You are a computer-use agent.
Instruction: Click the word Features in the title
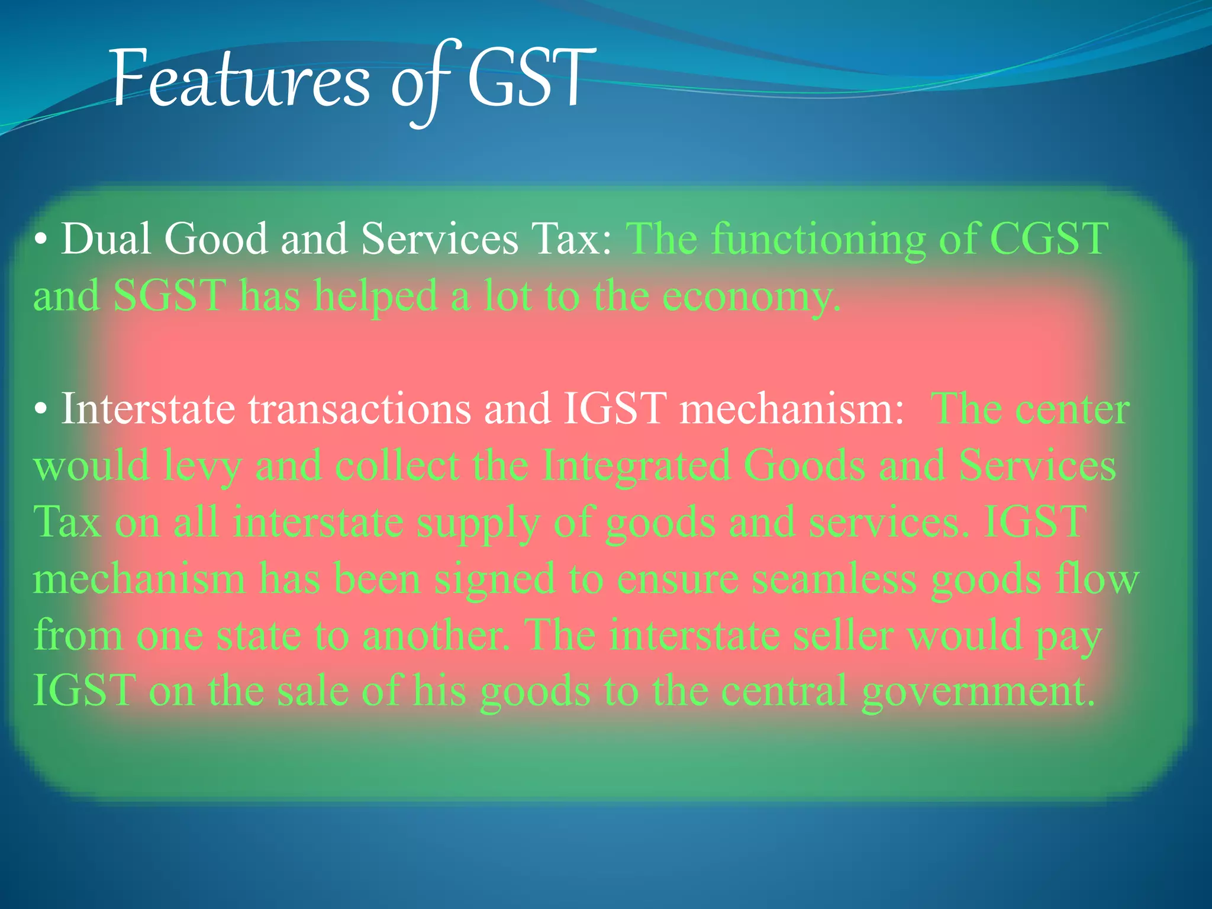pos(240,80)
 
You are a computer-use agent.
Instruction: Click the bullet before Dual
pos(40,240)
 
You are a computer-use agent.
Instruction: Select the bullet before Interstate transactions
pos(40,410)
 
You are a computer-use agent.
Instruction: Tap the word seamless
pos(834,579)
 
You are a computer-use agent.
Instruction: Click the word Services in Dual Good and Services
pos(439,238)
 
